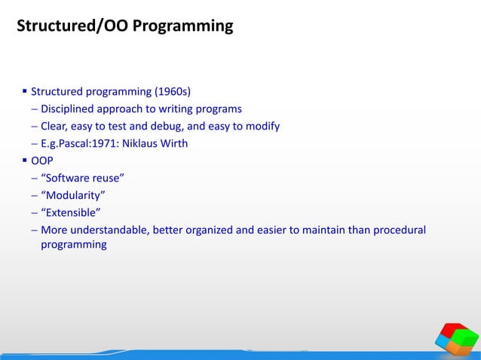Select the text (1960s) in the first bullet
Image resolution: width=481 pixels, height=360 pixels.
point(173,93)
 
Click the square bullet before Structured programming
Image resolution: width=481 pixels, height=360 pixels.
point(23,93)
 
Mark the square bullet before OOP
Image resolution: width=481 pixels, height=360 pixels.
point(23,160)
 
